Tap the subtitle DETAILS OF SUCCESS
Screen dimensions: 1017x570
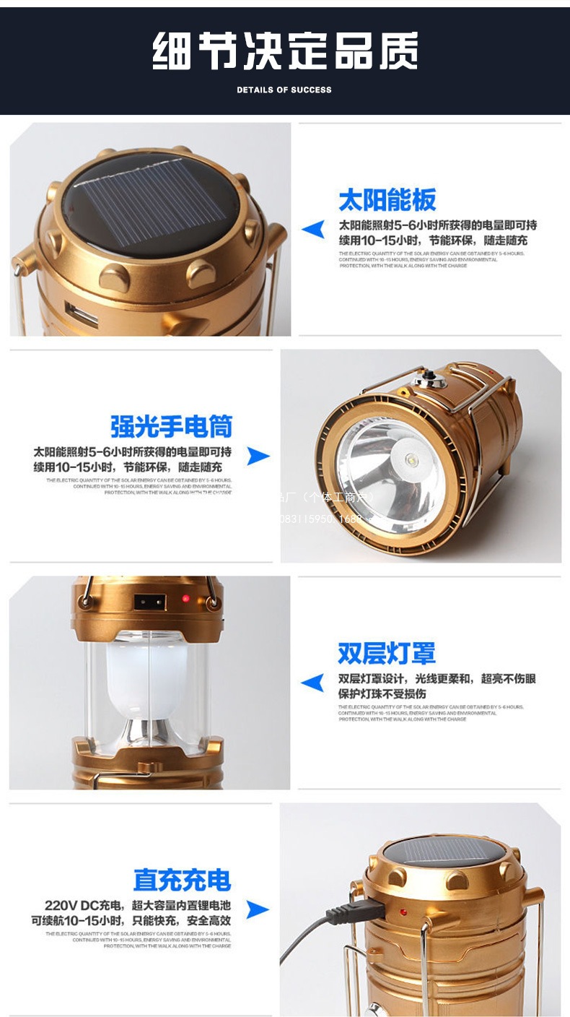coord(284,90)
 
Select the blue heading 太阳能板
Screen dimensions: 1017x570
coord(387,200)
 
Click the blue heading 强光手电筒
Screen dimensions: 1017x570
coord(172,426)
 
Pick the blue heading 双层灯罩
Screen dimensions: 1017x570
coord(387,653)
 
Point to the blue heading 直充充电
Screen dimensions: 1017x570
coord(182,880)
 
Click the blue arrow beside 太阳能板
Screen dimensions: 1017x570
coord(313,230)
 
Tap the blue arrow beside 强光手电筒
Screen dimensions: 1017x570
coord(258,456)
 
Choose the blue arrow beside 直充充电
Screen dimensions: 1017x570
coord(258,909)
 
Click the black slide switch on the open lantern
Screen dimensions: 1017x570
coord(150,601)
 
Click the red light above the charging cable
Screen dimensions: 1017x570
coord(403,912)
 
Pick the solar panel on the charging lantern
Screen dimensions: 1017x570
coord(446,850)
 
